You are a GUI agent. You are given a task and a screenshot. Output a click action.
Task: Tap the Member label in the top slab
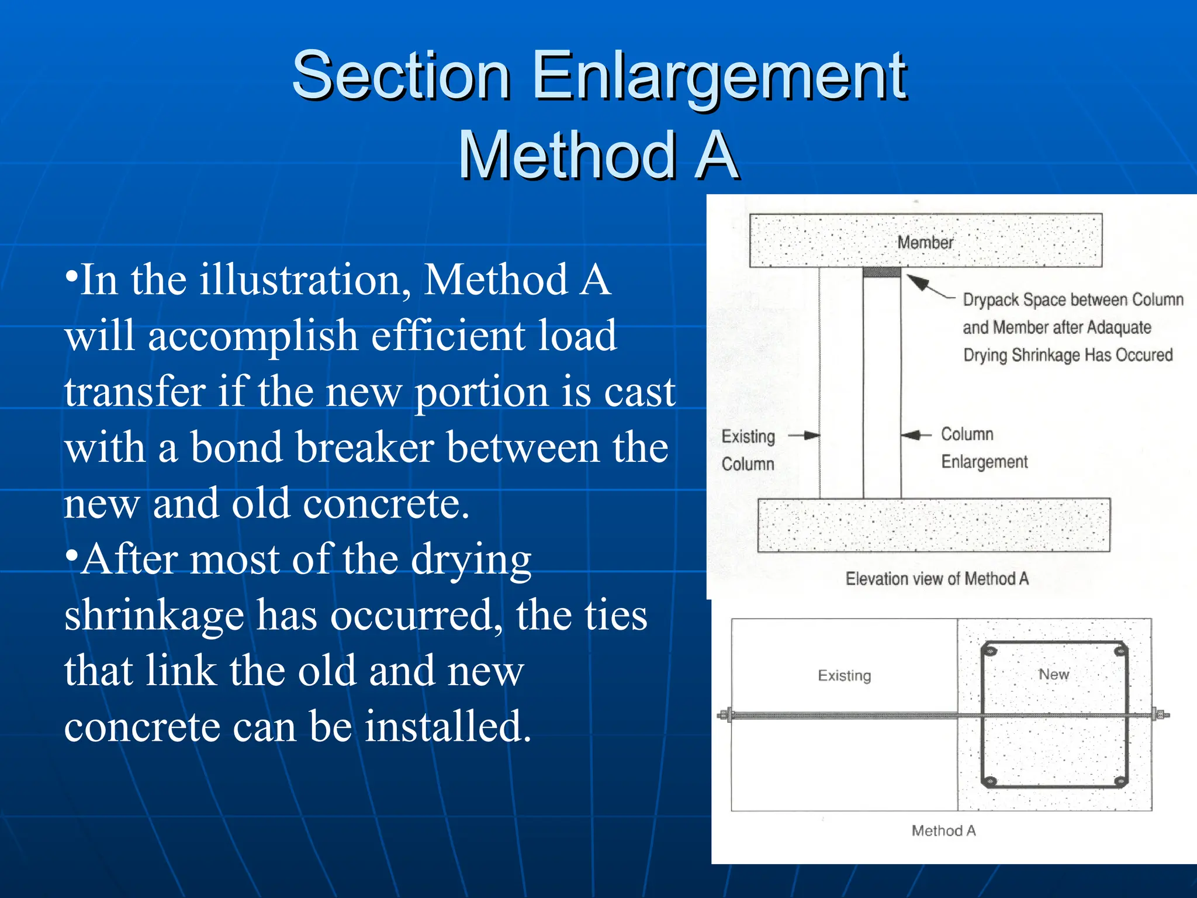coord(925,243)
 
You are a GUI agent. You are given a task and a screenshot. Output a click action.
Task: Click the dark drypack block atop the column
coord(881,272)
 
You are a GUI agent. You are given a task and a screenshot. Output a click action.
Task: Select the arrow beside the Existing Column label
coord(805,435)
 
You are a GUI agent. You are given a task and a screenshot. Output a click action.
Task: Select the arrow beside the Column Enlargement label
coord(915,435)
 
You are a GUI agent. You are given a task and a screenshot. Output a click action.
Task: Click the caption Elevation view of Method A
coord(936,579)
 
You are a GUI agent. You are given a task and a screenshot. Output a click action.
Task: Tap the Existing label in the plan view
coord(844,676)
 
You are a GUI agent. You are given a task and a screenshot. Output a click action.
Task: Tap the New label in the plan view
coord(1053,674)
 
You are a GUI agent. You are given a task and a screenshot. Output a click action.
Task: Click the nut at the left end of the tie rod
coord(725,714)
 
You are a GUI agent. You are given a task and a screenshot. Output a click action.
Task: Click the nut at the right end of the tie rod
coord(1159,714)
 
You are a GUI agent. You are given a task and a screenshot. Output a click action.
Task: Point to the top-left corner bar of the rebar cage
coord(990,651)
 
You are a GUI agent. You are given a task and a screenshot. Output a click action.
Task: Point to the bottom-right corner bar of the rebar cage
coord(1119,782)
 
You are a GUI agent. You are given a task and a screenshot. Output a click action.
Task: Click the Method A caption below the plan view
coord(943,831)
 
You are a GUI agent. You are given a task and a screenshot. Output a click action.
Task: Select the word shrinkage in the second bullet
coord(154,616)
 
